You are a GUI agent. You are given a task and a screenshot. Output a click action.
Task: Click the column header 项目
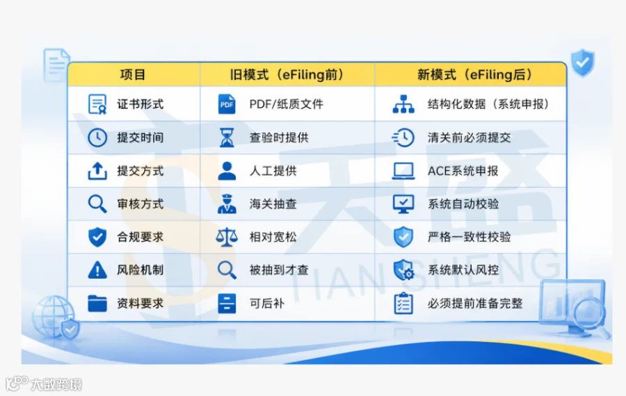[133, 74]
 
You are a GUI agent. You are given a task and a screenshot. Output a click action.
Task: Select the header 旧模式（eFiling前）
[287, 74]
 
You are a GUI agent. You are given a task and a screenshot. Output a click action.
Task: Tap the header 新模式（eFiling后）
[474, 74]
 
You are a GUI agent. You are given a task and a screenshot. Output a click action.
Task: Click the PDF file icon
[227, 104]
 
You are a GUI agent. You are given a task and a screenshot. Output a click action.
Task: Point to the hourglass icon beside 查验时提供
[227, 138]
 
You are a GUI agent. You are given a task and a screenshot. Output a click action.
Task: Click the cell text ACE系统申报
[463, 171]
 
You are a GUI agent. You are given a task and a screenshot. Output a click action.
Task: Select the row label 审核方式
[140, 204]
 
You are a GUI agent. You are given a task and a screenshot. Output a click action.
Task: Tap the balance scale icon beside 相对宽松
[227, 237]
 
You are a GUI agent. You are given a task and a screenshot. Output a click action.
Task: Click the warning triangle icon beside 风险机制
[97, 270]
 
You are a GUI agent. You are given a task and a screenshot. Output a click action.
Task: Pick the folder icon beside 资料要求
[97, 303]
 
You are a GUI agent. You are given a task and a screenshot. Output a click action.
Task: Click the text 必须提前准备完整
[474, 304]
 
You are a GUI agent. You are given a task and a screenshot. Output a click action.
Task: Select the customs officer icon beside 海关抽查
[227, 204]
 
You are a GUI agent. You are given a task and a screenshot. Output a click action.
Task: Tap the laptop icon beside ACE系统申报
[403, 171]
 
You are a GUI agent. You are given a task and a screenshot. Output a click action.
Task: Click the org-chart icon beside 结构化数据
[403, 104]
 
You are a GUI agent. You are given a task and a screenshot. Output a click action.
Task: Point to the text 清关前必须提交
[469, 138]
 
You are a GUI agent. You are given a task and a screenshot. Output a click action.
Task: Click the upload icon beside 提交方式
[97, 171]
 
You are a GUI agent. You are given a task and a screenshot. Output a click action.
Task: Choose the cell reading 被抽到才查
[279, 270]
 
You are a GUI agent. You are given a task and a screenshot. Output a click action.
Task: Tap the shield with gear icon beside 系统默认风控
[403, 270]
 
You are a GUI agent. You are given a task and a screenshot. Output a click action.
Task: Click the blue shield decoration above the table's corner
[582, 63]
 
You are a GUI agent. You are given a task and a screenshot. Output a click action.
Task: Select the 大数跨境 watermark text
[56, 384]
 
